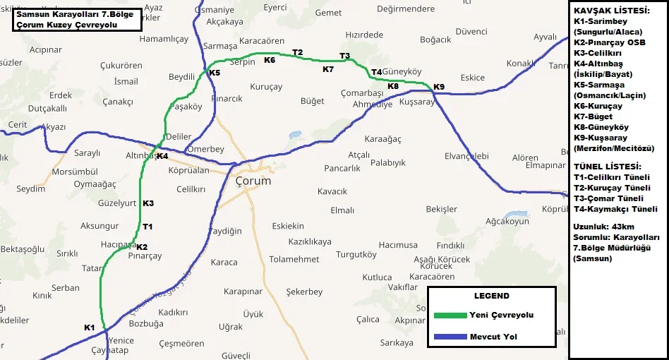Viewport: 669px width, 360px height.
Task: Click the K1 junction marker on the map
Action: click(89, 328)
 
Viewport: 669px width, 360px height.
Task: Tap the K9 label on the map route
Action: click(439, 87)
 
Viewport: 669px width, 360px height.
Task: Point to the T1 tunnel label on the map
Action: click(147, 227)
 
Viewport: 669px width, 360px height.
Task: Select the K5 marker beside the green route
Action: click(215, 73)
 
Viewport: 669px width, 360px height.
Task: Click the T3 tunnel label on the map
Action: click(344, 56)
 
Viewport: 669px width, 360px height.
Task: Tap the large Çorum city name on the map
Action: click(253, 181)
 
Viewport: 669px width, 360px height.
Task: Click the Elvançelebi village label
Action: click(466, 155)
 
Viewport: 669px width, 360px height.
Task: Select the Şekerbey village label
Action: click(304, 292)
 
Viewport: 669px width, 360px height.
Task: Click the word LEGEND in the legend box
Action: click(491, 296)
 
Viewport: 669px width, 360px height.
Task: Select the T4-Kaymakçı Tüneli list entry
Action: click(615, 209)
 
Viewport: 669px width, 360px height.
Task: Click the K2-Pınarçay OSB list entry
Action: click(610, 42)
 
